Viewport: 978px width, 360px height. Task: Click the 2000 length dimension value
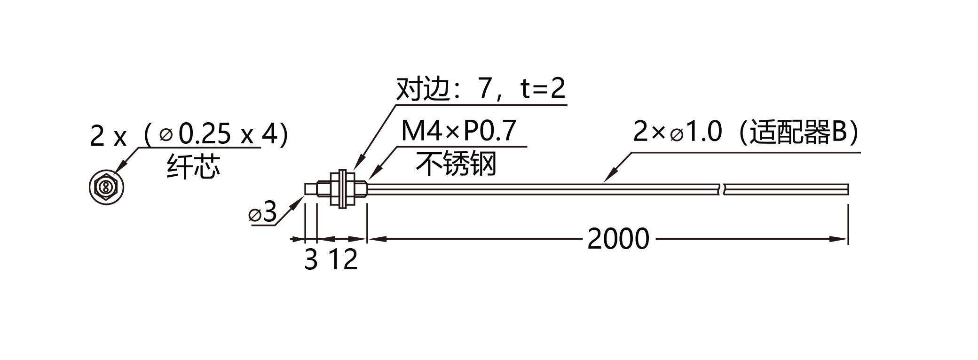(x=618, y=239)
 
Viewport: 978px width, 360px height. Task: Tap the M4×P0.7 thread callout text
(x=459, y=131)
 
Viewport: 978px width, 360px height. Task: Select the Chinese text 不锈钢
(x=456, y=164)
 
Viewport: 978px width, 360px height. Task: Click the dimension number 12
(x=343, y=259)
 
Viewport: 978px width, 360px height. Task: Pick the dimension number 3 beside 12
(x=311, y=259)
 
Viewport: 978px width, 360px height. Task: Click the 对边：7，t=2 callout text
(x=481, y=89)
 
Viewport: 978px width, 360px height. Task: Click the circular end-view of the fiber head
(x=107, y=188)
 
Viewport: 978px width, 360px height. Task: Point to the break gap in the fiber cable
(x=722, y=189)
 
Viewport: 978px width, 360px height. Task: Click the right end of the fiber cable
(x=848, y=189)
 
